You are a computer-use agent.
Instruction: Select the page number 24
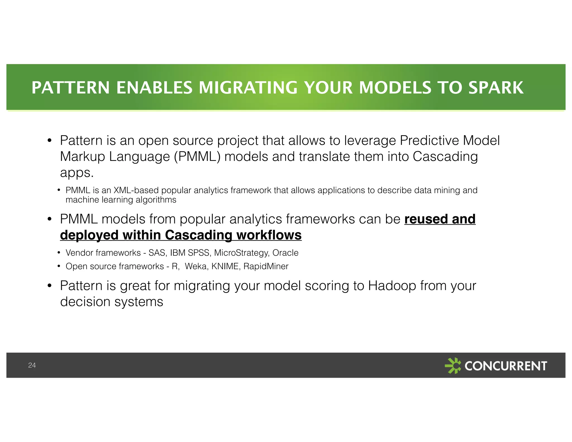tap(32, 365)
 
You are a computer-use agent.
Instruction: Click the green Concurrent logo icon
tap(453, 365)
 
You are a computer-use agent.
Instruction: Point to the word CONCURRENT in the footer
tap(506, 366)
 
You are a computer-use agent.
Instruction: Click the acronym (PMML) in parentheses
tap(197, 156)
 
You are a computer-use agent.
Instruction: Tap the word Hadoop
tap(392, 286)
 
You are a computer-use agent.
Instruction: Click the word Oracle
tap(285, 253)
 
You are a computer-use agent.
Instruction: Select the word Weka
tap(196, 266)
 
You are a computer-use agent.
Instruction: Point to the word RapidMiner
tap(266, 266)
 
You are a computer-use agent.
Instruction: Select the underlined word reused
tap(426, 219)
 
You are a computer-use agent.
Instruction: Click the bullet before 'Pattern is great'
tap(49, 286)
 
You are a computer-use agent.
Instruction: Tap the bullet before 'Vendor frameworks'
tap(59, 253)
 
